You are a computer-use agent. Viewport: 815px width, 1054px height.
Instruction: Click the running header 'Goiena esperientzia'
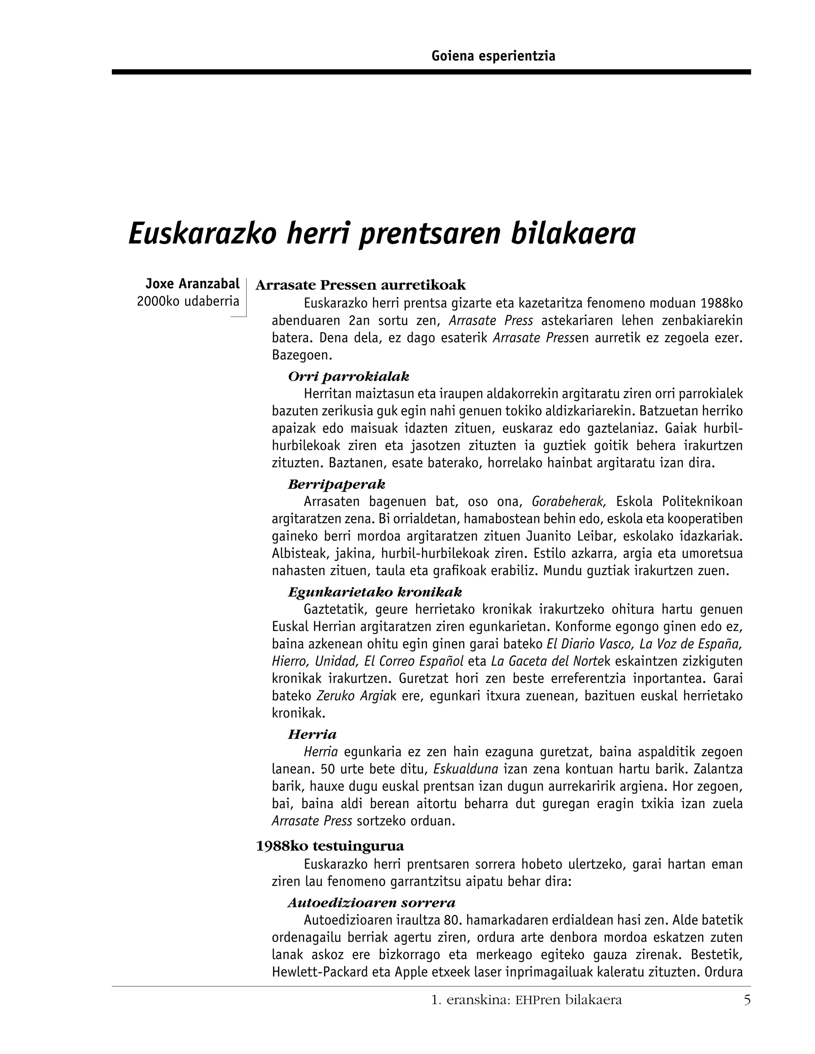click(493, 56)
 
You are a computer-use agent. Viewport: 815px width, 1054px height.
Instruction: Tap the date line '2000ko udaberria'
click(188, 301)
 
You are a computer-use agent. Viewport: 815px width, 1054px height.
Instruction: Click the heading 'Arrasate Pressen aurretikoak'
click(360, 285)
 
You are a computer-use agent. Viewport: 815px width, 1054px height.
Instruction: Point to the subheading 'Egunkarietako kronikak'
click(374, 592)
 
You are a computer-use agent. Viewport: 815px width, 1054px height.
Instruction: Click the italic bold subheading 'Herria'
click(312, 735)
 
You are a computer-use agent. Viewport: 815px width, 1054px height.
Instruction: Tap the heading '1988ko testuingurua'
click(330, 846)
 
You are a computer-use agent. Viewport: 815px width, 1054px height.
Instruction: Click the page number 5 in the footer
click(747, 1000)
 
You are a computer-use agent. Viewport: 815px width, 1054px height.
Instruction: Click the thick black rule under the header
click(431, 72)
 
